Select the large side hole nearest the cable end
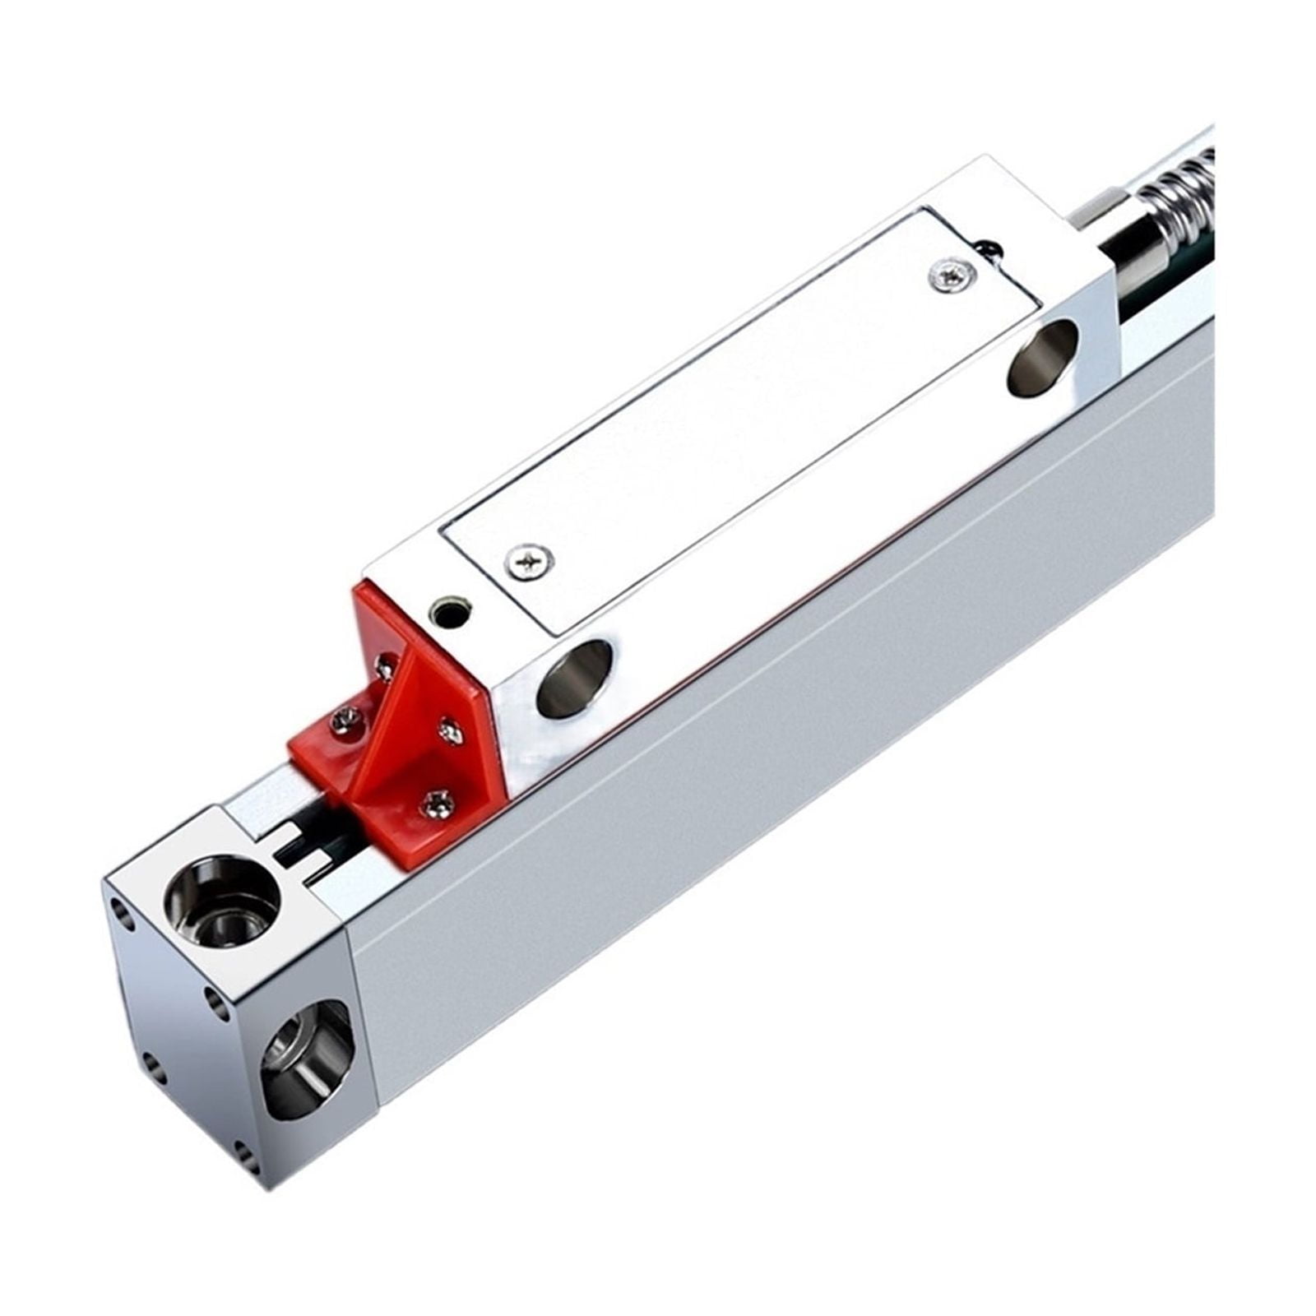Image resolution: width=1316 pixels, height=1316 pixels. coord(1043,357)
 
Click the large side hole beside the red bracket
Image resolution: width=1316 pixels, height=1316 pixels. coord(574,678)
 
